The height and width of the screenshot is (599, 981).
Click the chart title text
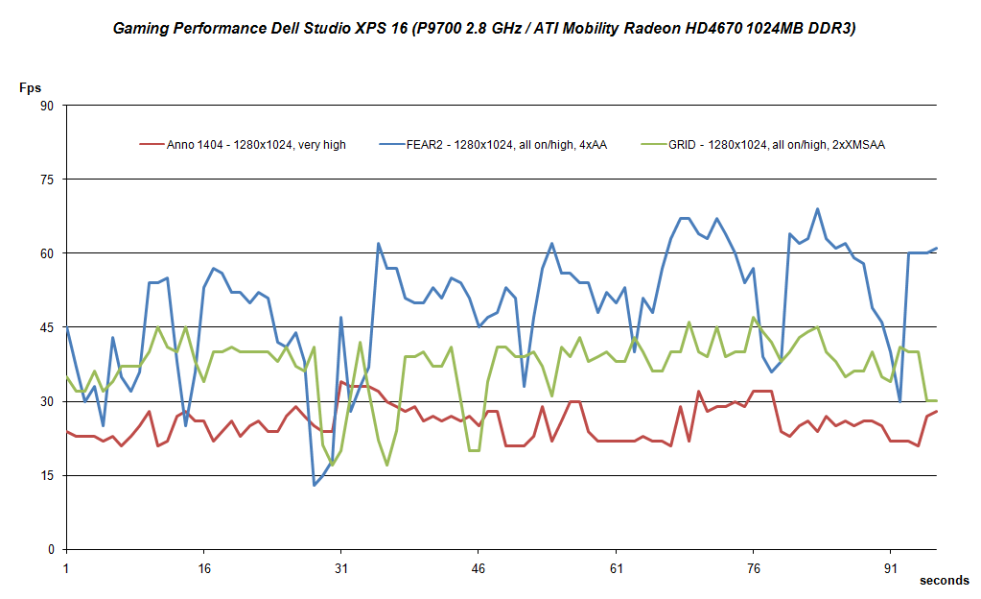pyautogui.click(x=484, y=29)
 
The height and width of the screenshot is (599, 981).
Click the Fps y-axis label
pyautogui.click(x=30, y=87)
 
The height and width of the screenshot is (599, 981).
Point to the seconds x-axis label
pyautogui.click(x=944, y=581)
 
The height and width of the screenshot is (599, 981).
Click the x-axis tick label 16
pyautogui.click(x=203, y=567)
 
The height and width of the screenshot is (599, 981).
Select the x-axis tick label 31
pyautogui.click(x=340, y=567)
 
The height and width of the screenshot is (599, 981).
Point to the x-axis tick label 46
pyautogui.click(x=479, y=567)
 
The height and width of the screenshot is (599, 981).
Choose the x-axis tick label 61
pyautogui.click(x=616, y=567)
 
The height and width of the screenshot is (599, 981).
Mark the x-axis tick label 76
pyautogui.click(x=754, y=567)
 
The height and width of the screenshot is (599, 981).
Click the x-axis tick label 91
pyautogui.click(x=891, y=567)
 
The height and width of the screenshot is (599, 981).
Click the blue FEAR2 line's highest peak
pyautogui.click(x=817, y=208)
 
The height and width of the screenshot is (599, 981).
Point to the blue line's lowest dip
pyautogui.click(x=314, y=485)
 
